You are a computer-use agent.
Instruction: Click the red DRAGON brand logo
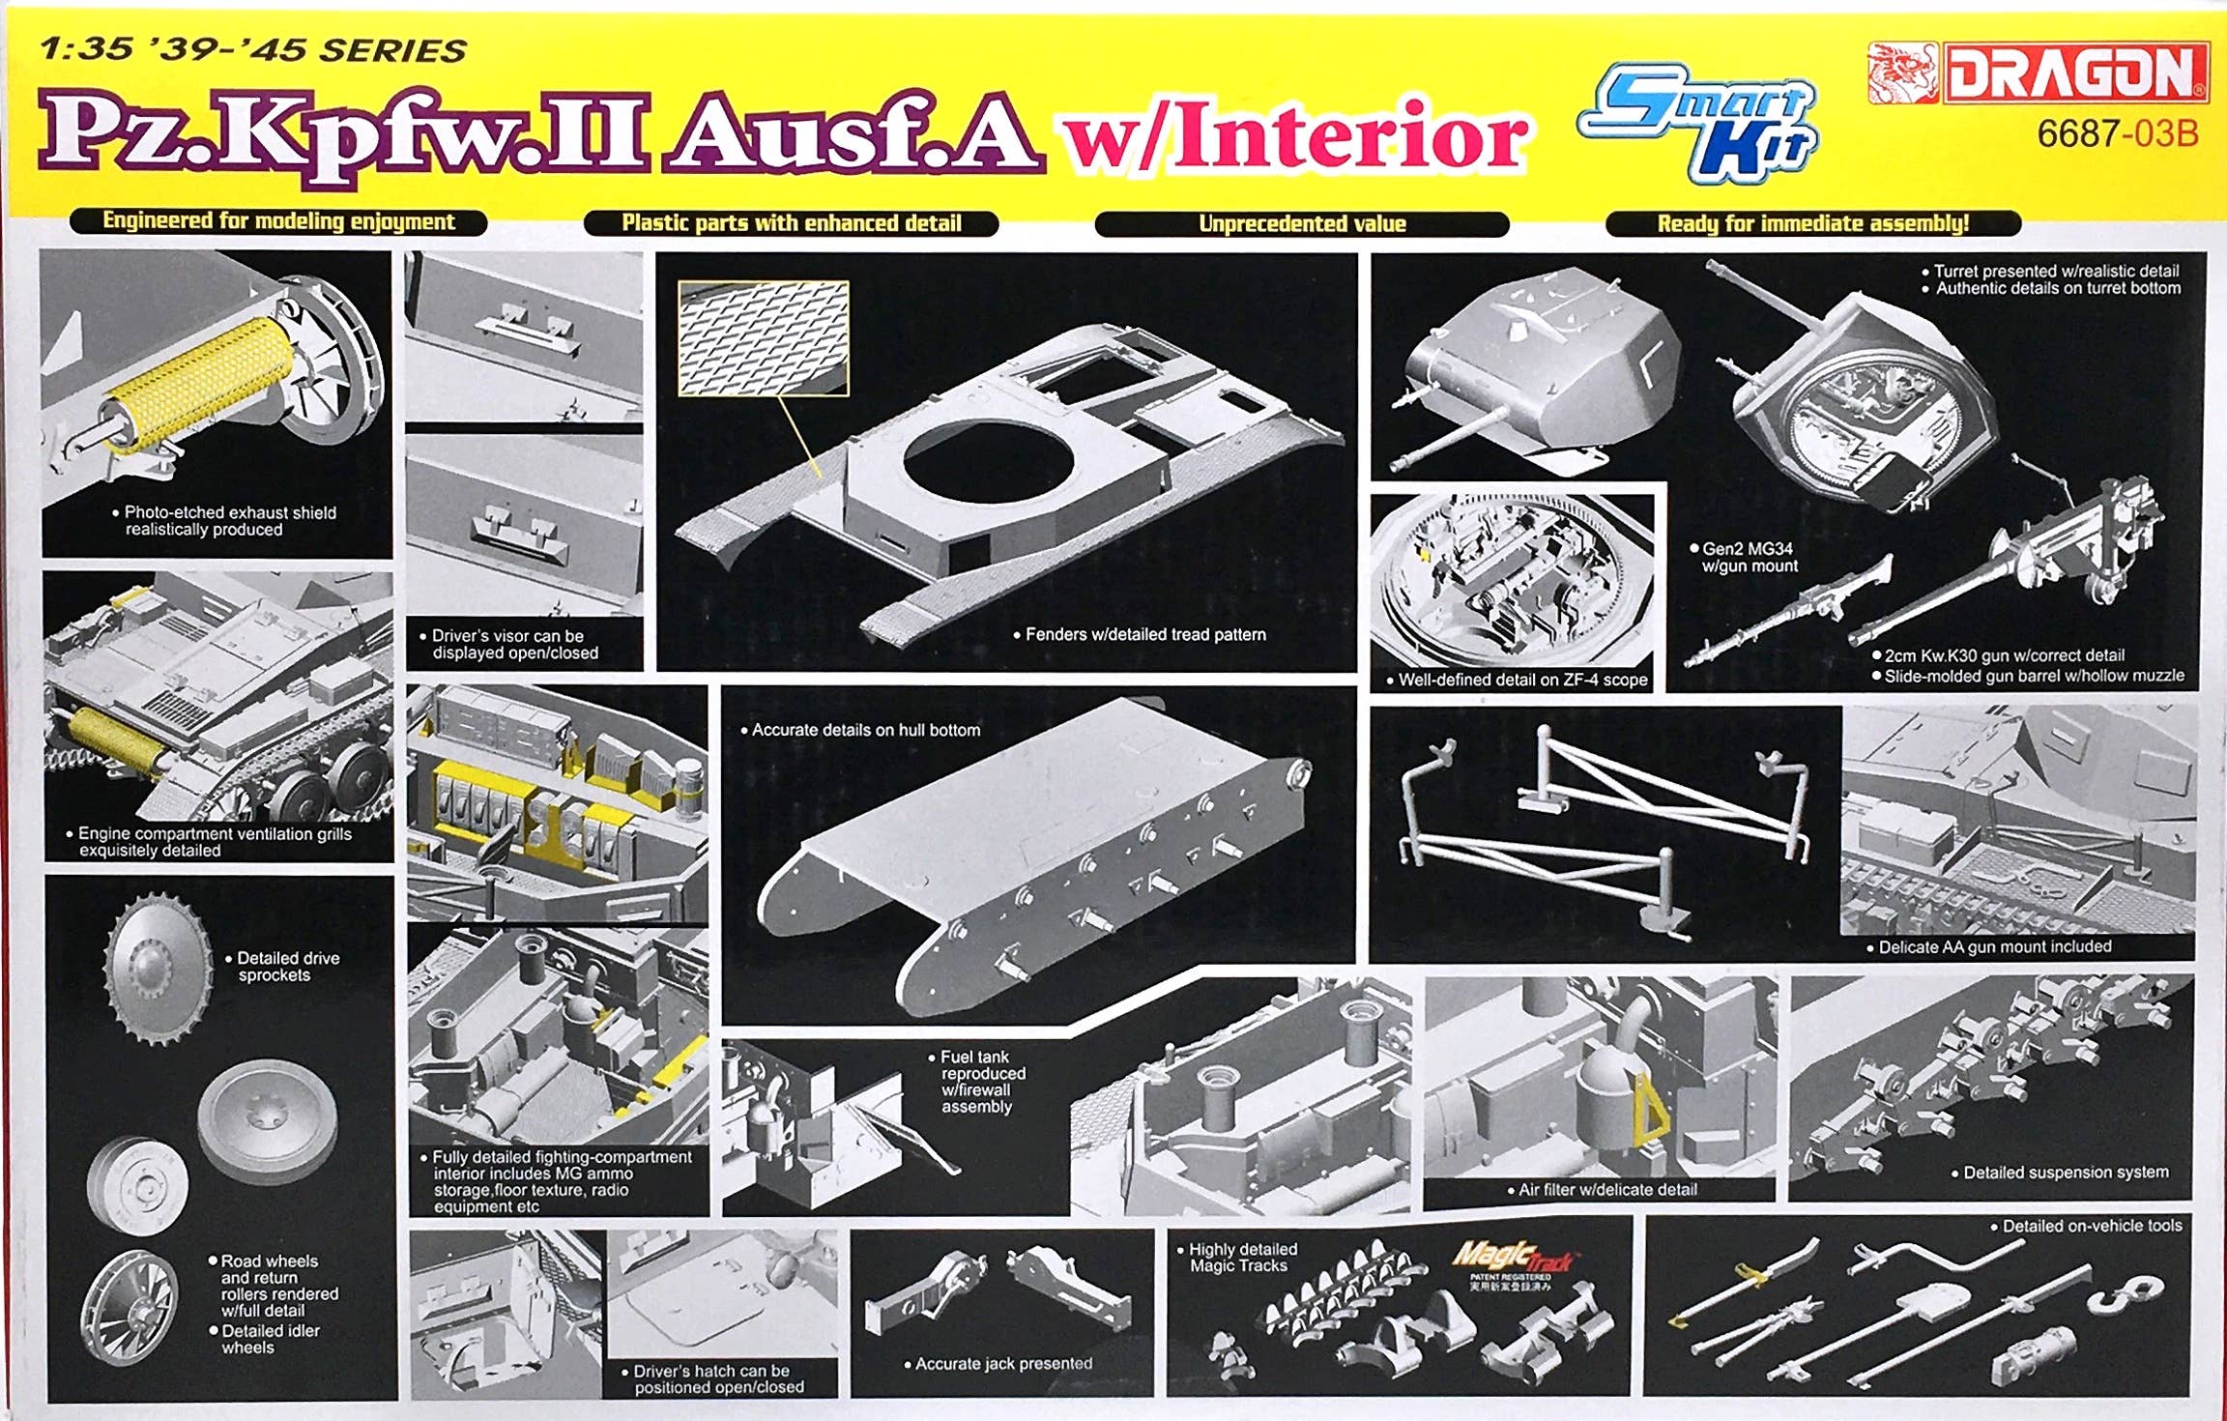(2038, 72)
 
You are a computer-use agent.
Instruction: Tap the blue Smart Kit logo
(1698, 123)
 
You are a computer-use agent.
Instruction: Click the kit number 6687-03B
(2118, 134)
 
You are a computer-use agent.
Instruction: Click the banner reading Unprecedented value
(1302, 224)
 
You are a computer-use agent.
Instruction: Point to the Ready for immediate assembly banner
(1813, 223)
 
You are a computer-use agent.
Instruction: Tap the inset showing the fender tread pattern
(764, 338)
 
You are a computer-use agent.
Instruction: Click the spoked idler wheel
(130, 1308)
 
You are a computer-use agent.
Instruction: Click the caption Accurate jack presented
(1003, 1364)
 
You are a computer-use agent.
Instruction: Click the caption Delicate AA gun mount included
(1994, 947)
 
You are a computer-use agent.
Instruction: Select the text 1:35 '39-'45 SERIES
(253, 49)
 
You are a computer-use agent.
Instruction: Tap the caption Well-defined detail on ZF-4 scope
(1517, 680)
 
